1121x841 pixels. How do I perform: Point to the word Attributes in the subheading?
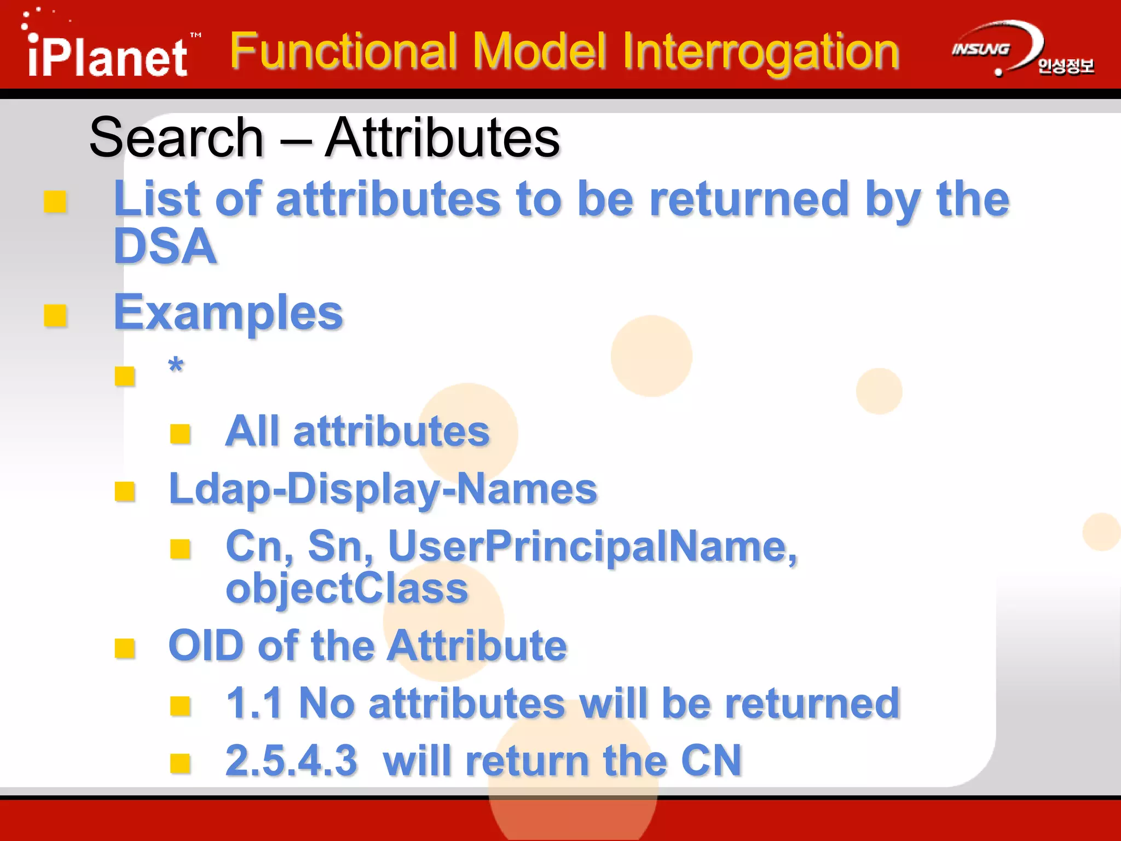click(x=442, y=138)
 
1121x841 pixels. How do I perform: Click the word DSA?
click(x=165, y=246)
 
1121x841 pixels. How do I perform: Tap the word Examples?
click(x=228, y=313)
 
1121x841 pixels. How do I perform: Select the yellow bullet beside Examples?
click(x=55, y=316)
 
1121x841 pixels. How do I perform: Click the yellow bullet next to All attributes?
click(x=180, y=434)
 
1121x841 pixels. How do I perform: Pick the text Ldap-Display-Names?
click(x=383, y=489)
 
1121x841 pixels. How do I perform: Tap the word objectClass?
click(x=347, y=589)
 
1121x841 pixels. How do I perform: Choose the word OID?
click(x=206, y=646)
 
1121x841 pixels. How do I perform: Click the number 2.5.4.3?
click(x=291, y=761)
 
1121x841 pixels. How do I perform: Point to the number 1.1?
click(x=254, y=703)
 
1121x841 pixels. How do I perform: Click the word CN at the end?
click(x=711, y=761)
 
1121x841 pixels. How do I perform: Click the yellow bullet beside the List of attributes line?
click(x=55, y=201)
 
